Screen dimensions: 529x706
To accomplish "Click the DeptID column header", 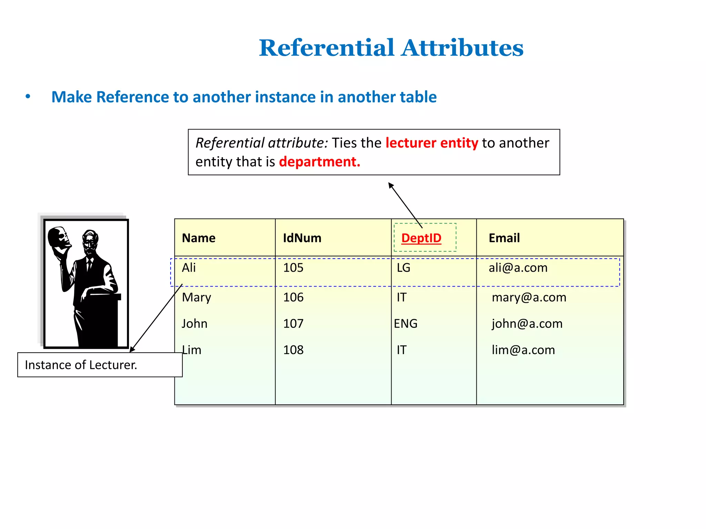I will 421,238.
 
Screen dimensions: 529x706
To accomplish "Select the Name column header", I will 199,238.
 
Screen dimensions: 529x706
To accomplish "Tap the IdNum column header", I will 302,238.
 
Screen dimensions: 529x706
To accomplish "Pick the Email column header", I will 504,238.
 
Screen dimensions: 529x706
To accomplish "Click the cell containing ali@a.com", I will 518,268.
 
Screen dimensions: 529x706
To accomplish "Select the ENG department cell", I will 405,324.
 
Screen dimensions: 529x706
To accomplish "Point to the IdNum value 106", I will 293,297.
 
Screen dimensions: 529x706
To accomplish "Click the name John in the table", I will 194,324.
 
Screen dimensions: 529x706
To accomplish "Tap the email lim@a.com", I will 523,350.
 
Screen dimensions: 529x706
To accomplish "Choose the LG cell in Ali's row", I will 403,268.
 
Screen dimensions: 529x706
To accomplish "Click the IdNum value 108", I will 293,350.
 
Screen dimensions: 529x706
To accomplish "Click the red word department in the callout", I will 319,162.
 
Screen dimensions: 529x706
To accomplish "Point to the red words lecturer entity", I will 432,143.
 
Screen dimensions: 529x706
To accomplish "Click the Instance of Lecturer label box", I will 100,365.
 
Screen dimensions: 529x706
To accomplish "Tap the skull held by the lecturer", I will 59,238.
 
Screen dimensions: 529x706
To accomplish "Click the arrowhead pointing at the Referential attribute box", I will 391,186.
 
